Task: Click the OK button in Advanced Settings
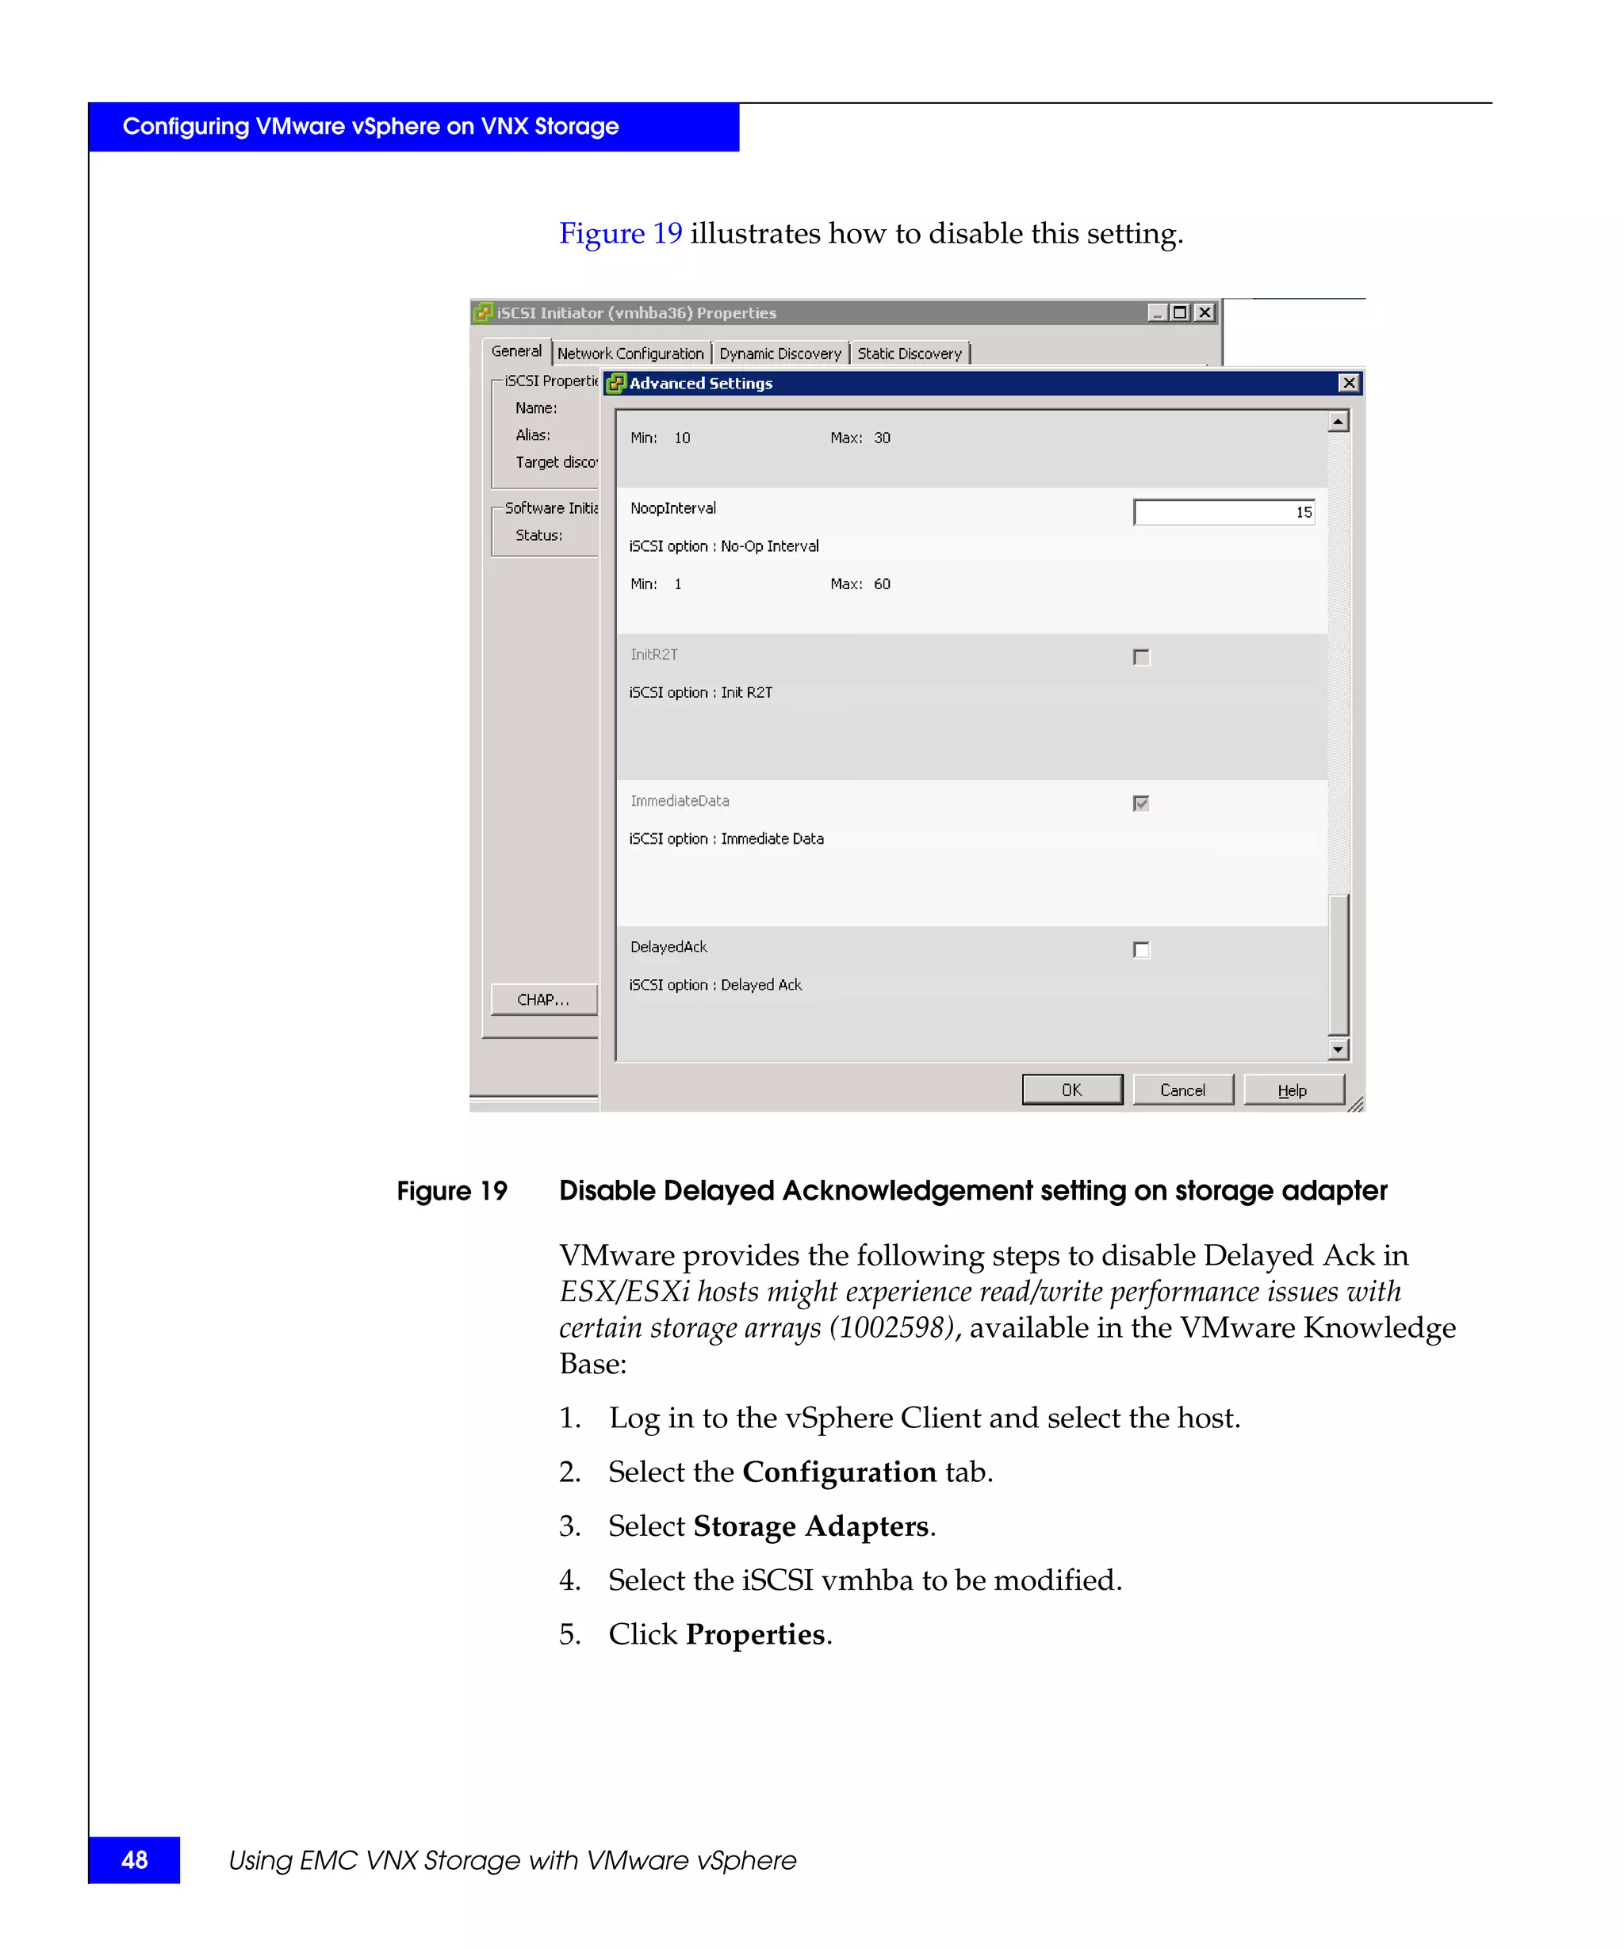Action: [1071, 1089]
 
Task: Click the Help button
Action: [1293, 1089]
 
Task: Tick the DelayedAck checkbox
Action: [1141, 949]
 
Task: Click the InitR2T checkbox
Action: [1141, 657]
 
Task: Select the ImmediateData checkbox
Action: [1141, 804]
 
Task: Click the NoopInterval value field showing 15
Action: [1223, 512]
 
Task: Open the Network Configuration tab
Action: [630, 354]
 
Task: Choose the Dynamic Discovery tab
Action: [779, 354]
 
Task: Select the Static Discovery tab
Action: [910, 354]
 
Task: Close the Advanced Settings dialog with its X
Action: [1348, 383]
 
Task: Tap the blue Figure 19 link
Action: [620, 233]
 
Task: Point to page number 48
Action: [135, 1860]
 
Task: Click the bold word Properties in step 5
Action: [754, 1634]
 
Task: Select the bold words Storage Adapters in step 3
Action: [811, 1526]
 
